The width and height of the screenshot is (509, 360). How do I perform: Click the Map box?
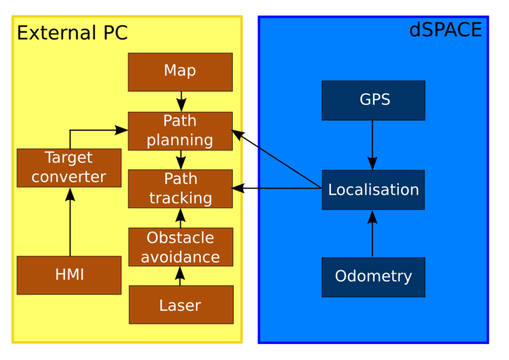[180, 71]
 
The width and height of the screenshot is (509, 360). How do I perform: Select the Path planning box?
[180, 131]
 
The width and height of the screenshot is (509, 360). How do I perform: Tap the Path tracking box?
[180, 188]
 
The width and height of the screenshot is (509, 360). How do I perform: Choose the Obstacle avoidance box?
[180, 247]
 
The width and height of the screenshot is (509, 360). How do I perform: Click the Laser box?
[181, 305]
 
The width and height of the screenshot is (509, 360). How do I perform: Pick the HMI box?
[69, 275]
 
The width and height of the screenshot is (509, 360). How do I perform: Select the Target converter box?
[69, 167]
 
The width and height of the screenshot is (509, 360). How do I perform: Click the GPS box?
[373, 100]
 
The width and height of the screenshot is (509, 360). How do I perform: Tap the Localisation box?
[373, 190]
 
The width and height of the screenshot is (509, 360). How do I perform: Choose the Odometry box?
[373, 277]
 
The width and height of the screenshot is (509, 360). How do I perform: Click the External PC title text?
[72, 32]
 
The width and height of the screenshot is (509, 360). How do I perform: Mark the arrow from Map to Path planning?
[181, 101]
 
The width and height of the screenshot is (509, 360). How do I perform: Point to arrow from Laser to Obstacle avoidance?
[180, 275]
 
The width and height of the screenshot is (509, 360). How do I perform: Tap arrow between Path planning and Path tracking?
[181, 160]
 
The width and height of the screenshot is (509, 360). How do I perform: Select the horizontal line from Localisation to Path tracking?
[280, 188]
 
